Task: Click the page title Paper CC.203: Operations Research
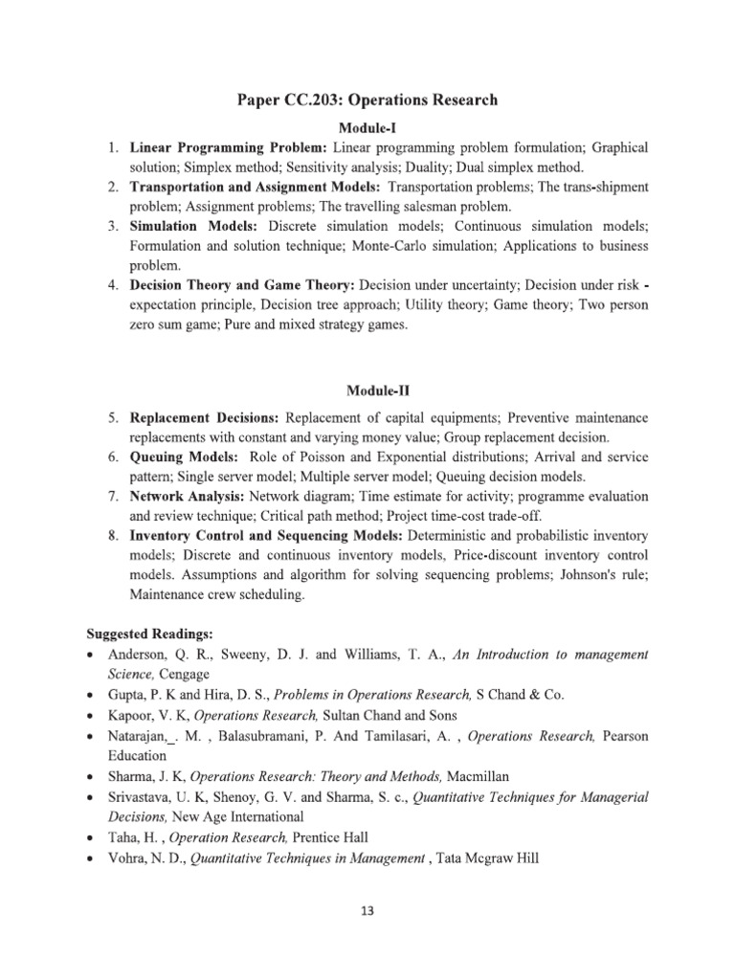tap(367, 100)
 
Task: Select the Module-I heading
tap(367, 127)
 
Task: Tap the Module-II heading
tap(367, 390)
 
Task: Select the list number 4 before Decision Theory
tap(112, 285)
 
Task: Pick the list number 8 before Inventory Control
tap(112, 536)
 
